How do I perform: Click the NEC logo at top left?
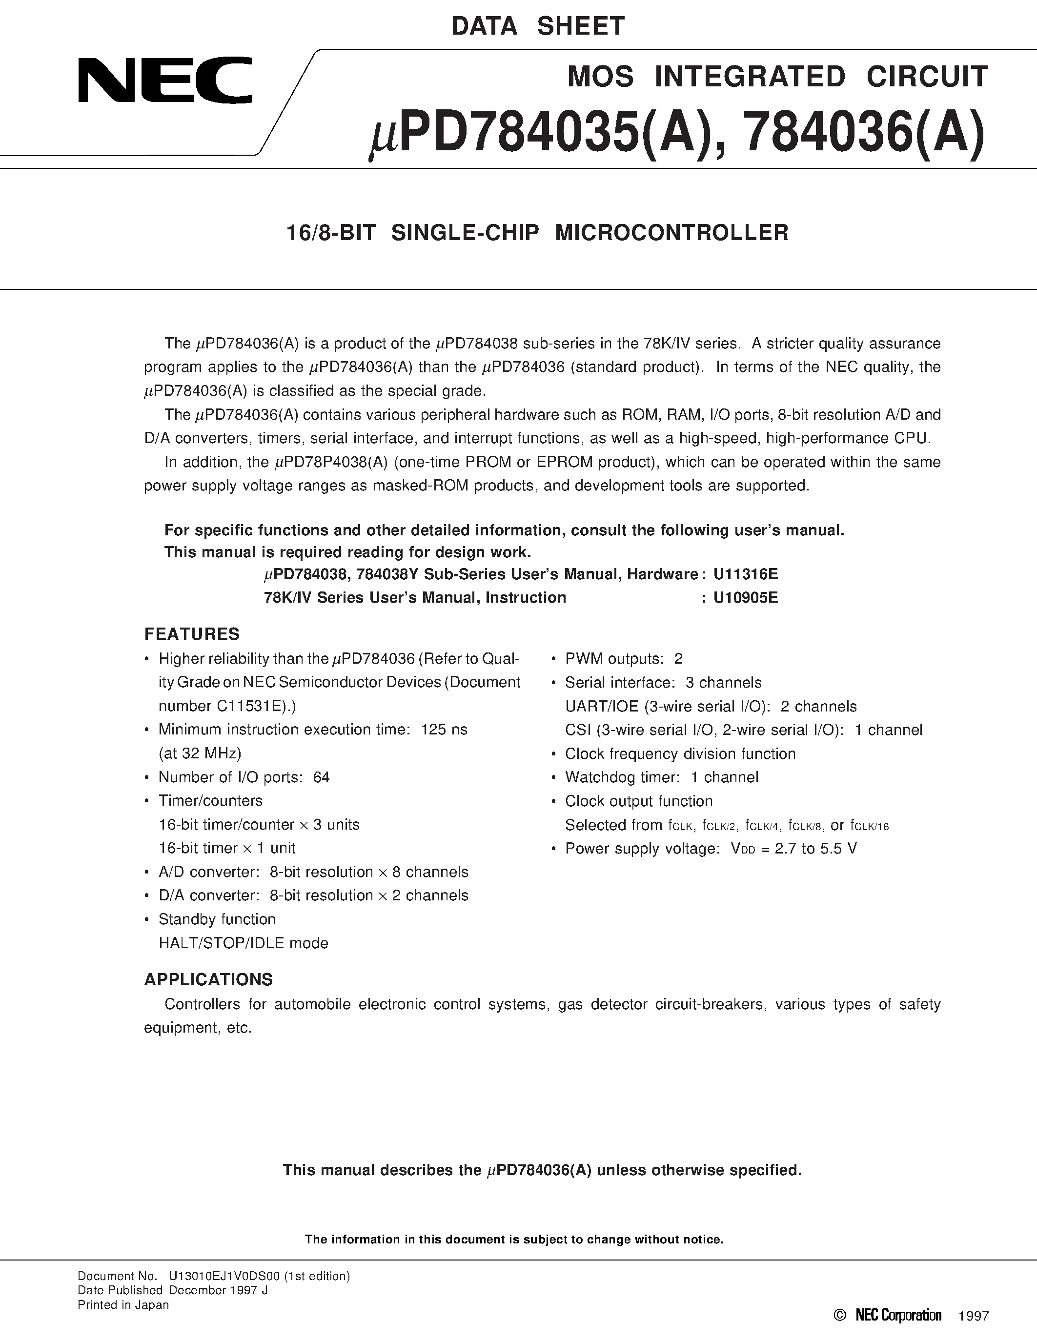point(164,80)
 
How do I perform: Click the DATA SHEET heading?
point(538,26)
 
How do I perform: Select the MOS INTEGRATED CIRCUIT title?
point(777,77)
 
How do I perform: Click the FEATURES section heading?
point(192,634)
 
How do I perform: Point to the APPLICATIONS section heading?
point(208,979)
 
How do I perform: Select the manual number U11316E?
point(745,574)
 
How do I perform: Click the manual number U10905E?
point(745,597)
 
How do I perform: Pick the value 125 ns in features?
point(444,730)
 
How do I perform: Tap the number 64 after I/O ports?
point(321,777)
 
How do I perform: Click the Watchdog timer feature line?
point(662,777)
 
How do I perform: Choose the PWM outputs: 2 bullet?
point(624,659)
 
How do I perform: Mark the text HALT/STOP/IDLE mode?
point(244,943)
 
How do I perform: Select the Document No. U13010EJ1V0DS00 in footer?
point(214,1276)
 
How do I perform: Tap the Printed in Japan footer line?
point(123,1305)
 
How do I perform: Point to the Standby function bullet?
point(217,919)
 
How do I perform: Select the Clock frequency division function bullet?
point(680,754)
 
